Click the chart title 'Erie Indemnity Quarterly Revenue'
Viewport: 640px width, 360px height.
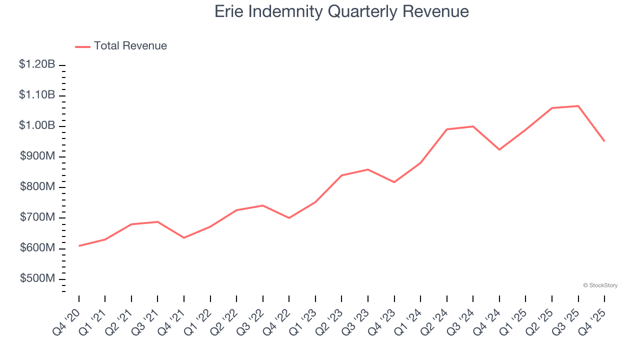(x=341, y=11)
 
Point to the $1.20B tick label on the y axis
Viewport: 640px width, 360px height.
(x=37, y=64)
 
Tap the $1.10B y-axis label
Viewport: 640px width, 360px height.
(x=37, y=95)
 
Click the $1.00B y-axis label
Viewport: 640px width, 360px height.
(x=37, y=125)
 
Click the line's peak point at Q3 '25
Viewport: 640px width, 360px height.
(x=578, y=106)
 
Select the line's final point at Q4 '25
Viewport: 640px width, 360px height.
(x=604, y=141)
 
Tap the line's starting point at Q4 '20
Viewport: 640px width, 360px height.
(x=79, y=246)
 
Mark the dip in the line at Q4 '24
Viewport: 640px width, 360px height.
(x=499, y=149)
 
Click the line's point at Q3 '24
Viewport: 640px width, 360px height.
(x=473, y=126)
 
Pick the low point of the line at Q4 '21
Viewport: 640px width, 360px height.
(x=184, y=237)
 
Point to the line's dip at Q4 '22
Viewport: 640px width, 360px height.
(x=289, y=218)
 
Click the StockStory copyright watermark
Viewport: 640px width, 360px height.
(x=600, y=285)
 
